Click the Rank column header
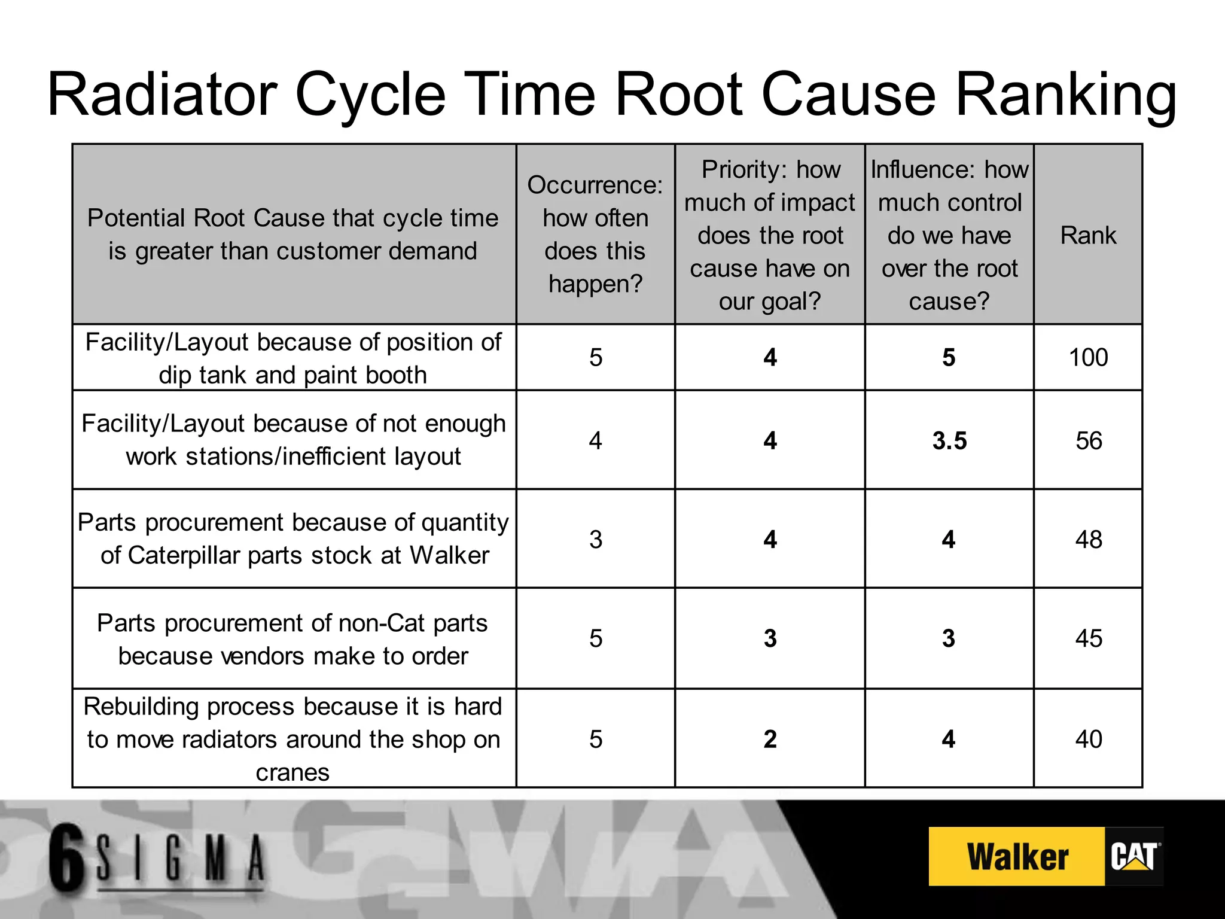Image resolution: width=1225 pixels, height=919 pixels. point(1088,235)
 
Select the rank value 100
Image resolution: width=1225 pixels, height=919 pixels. point(1088,358)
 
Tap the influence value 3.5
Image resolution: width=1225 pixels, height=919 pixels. point(949,441)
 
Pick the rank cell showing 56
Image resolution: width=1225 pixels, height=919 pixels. point(1089,441)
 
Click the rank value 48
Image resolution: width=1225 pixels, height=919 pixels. point(1089,540)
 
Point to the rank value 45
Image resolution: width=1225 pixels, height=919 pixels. point(1089,638)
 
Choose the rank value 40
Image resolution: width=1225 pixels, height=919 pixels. point(1089,740)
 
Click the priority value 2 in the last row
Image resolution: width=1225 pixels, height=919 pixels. point(770,740)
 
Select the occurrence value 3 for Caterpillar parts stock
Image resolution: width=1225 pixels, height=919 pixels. point(595,540)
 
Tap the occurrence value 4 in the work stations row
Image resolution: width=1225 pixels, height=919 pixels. point(595,441)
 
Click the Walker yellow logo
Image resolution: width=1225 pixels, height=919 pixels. point(1017,857)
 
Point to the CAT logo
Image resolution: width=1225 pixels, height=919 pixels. point(1133,857)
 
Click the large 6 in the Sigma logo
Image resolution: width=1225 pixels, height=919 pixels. point(67,856)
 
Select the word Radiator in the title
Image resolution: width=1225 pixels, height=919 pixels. point(162,95)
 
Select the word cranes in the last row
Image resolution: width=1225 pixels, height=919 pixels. point(292,772)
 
